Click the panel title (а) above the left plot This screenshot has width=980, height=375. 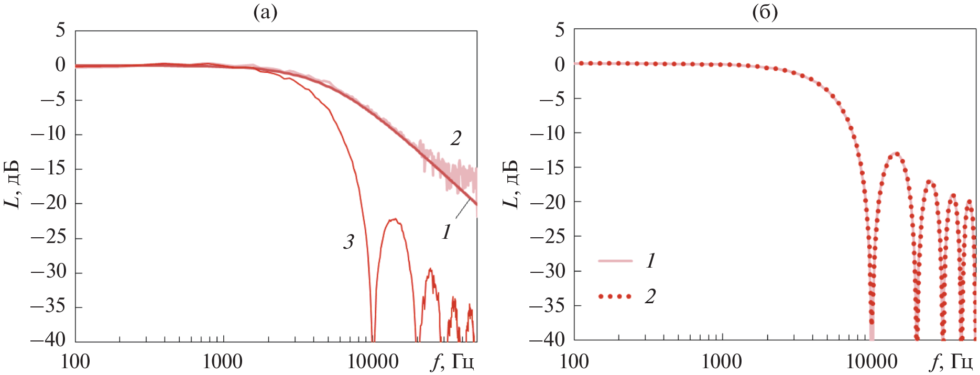[265, 12]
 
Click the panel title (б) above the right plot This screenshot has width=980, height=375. [765, 12]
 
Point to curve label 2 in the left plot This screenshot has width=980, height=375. [456, 138]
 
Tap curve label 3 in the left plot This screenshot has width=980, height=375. [349, 241]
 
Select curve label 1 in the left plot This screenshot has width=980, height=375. [446, 231]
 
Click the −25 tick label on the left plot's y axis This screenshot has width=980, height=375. [48, 237]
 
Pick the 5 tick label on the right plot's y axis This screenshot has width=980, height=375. [560, 30]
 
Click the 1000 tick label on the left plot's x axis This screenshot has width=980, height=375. [223, 361]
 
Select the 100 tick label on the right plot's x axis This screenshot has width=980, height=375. [574, 361]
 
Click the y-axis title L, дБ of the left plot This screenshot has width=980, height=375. [13, 184]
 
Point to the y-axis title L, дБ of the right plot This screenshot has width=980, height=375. [511, 184]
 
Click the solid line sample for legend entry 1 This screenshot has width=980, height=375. [615, 260]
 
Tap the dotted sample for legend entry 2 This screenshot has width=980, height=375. [615, 296]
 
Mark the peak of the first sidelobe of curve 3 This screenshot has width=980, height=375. [394, 219]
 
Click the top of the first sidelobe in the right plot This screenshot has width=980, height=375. [897, 153]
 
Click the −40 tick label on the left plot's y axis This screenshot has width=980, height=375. [48, 339]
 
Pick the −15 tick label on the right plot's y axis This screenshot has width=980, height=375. [548, 167]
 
